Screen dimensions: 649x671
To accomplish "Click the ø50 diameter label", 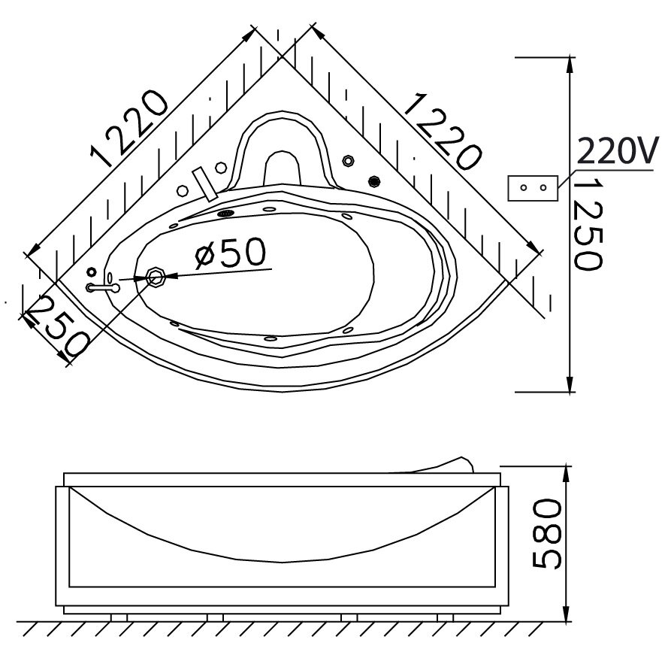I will click(x=230, y=255).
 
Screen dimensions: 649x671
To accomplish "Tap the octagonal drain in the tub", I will click(x=157, y=277).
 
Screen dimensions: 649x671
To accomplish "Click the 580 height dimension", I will click(x=547, y=535).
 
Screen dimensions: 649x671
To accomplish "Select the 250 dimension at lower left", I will click(x=56, y=326).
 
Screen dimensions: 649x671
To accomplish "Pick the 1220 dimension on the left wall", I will click(x=127, y=127).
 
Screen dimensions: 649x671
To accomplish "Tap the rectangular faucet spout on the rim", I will click(x=204, y=183).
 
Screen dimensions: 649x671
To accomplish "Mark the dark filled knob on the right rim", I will click(x=373, y=180).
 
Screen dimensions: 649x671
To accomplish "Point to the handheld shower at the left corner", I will click(x=104, y=287).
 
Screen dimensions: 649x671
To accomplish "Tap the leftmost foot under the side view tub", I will click(x=119, y=618).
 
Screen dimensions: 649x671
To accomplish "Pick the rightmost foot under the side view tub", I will click(x=444, y=618).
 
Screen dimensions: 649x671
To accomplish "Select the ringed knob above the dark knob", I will click(x=348, y=160).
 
